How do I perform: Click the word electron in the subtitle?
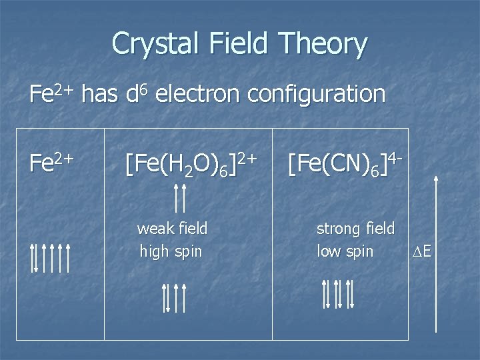coord(201,93)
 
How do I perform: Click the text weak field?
coord(172,229)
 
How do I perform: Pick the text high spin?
coord(171,251)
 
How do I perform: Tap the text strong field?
coord(355,229)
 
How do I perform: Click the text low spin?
coord(345,251)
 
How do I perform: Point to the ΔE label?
coord(421,252)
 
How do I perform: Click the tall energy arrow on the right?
coord(436,253)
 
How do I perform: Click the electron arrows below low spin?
coord(338,293)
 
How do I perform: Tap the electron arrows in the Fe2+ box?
coord(51,258)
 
